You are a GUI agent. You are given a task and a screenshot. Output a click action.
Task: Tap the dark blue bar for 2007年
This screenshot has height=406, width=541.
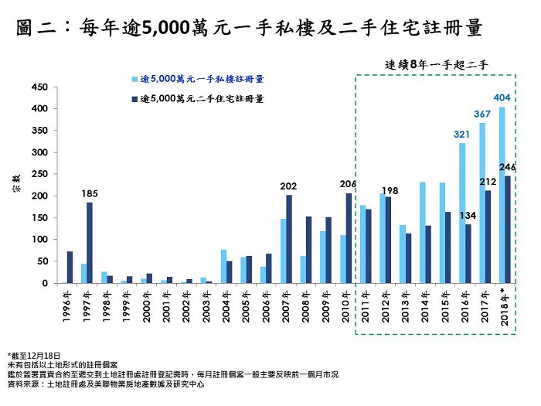pos(289,239)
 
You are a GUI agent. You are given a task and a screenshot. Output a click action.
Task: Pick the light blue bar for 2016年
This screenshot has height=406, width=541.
pos(461,213)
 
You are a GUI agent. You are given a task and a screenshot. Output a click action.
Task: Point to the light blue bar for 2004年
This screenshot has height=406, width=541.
pos(223,267)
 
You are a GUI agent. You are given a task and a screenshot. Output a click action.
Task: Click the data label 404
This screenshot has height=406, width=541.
pos(502,98)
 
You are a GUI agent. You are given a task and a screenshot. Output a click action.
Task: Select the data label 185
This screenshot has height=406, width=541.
pos(90,193)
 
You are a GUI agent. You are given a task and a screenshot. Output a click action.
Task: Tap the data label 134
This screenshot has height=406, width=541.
pos(468,216)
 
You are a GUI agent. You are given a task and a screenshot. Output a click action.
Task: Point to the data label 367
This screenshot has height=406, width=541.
pos(482,114)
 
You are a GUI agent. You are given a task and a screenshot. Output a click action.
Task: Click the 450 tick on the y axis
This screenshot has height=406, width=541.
pos(40,87)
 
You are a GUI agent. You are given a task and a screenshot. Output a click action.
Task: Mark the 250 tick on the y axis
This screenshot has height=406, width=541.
pos(40,174)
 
